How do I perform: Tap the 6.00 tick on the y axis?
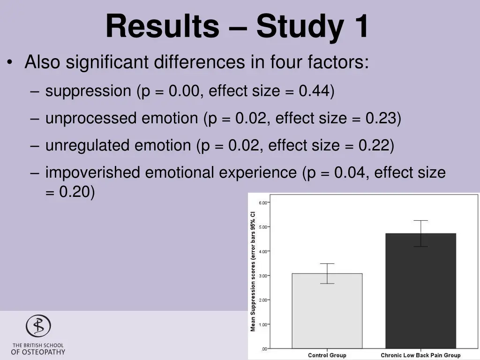coord(262,202)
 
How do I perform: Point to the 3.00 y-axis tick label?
coord(262,276)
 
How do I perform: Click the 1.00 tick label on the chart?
coord(262,324)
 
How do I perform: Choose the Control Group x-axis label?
coord(327,355)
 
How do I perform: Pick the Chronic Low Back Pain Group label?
coord(420,355)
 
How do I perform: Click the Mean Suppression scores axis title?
coord(253,272)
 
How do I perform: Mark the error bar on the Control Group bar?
coord(327,273)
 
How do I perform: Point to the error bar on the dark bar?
coord(420,233)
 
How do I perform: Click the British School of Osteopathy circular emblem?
coord(38,326)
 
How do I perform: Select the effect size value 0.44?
coord(314,90)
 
